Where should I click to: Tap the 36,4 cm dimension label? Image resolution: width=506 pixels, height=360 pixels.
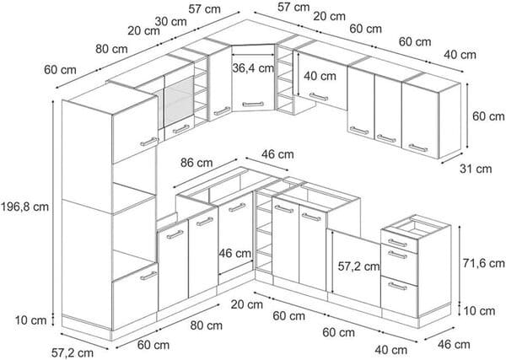point(252,67)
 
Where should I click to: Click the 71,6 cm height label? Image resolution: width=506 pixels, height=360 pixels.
point(482,263)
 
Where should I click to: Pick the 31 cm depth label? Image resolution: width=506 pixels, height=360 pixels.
point(478,169)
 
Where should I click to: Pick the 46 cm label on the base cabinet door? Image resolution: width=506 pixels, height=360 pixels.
point(235,253)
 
